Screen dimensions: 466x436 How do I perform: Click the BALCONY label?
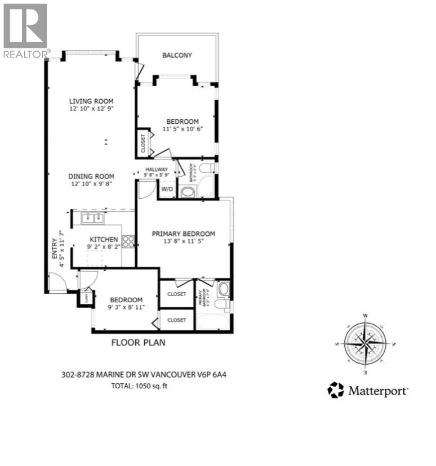(177, 55)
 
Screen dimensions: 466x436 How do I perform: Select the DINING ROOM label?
(91, 176)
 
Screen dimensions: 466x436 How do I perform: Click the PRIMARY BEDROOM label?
(183, 234)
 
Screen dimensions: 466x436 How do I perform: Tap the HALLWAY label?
(157, 169)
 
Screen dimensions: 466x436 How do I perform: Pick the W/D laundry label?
(167, 189)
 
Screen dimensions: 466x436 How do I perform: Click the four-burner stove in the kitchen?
(128, 241)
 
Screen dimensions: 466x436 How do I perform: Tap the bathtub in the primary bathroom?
(212, 322)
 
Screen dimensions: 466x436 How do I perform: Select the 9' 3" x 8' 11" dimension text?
(127, 308)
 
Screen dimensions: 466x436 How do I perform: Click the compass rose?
(365, 343)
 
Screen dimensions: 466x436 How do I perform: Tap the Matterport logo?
(367, 390)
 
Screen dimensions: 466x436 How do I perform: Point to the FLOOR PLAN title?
(138, 342)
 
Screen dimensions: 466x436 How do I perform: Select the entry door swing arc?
(56, 281)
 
